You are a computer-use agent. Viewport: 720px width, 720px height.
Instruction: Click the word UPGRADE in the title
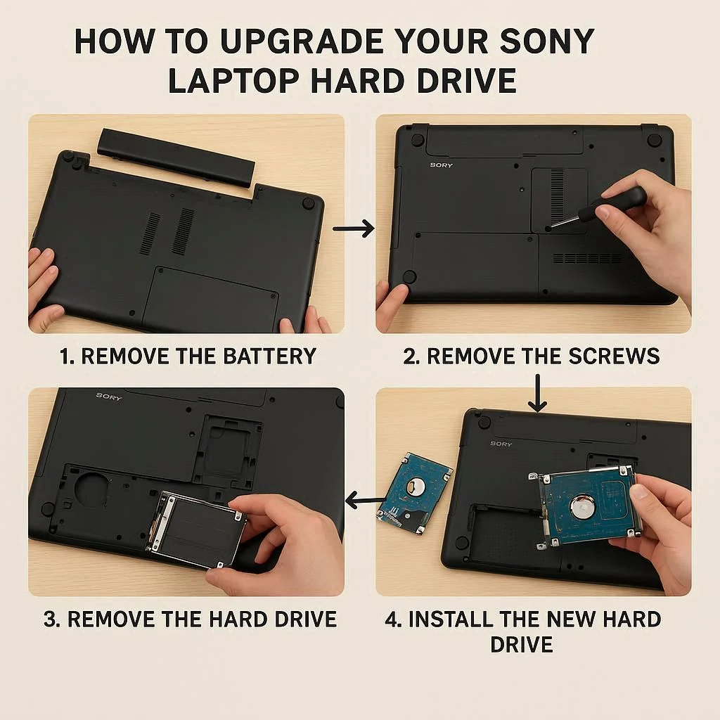tap(302, 41)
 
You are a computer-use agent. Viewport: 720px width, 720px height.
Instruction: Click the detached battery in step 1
tap(176, 157)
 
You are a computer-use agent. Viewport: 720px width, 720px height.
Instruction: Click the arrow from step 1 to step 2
tap(353, 229)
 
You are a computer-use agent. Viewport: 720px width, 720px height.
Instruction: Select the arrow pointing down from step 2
tap(537, 393)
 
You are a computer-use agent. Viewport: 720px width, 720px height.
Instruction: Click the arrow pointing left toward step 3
tap(365, 500)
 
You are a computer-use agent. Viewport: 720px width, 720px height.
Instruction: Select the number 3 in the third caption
tap(50, 619)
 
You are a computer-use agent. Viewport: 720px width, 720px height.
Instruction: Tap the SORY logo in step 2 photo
tap(442, 165)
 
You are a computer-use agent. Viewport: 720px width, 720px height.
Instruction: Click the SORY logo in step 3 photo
tap(109, 397)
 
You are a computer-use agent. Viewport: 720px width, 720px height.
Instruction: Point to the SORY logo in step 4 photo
tap(501, 444)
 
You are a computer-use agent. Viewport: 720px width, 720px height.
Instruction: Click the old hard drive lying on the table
tap(415, 492)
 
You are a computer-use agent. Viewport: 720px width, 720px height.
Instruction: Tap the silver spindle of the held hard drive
tap(583, 507)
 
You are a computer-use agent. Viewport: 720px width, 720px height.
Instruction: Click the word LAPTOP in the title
tap(233, 81)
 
